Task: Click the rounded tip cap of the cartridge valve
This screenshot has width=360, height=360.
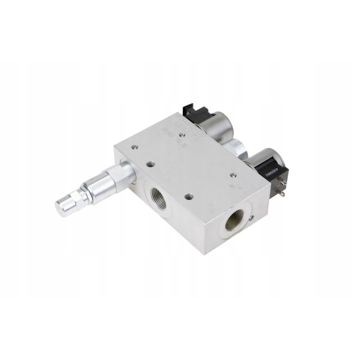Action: tap(63, 207)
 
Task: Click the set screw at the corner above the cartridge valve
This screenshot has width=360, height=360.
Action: tap(134, 146)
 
